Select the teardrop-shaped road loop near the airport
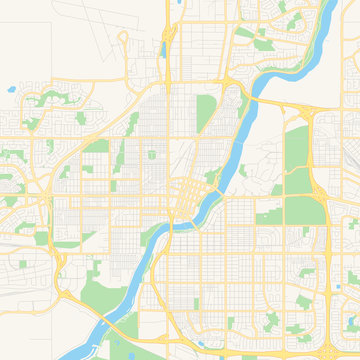tap(124, 44)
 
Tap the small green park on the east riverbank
tap(243, 170)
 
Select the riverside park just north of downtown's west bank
tap(211, 177)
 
